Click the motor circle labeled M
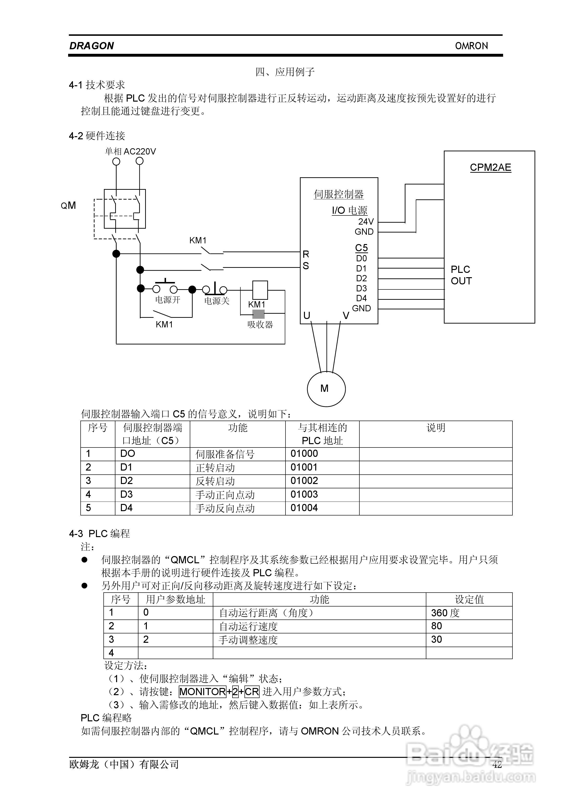[326, 389]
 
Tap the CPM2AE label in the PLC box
[490, 168]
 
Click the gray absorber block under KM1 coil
[258, 314]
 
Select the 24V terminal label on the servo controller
[366, 222]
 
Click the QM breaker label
[68, 205]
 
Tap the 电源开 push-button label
[167, 300]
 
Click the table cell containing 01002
[304, 481]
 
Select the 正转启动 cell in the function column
[215, 468]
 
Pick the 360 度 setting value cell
[445, 613]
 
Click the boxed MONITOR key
[202, 692]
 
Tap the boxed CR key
[252, 692]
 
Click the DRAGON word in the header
[92, 46]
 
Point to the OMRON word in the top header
[471, 46]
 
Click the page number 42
[497, 764]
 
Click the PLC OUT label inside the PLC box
[461, 275]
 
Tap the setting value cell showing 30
[436, 639]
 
